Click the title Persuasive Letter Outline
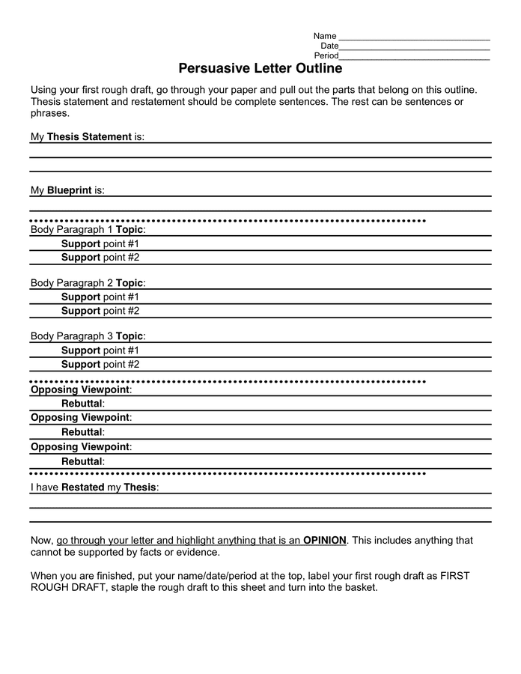260,68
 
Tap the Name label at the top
325,36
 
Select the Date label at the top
329,46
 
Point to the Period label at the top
326,55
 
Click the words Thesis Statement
89,137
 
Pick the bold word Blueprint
69,190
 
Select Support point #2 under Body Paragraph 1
100,257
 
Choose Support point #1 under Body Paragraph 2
100,297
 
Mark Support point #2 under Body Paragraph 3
100,364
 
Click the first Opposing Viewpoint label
81,389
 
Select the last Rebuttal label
82,461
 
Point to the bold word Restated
82,487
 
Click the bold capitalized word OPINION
325,540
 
